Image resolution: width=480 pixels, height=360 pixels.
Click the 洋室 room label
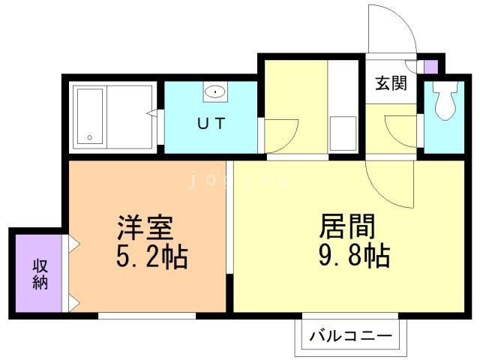[145, 226]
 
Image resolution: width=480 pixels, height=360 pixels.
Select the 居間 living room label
[347, 226]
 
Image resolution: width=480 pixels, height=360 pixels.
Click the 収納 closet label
[40, 274]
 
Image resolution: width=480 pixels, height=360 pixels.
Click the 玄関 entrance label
[391, 83]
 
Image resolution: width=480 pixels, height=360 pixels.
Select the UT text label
[211, 124]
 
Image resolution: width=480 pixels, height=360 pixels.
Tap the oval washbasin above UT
[215, 92]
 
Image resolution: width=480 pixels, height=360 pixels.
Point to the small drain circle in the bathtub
[90, 138]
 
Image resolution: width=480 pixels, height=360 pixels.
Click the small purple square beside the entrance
[430, 65]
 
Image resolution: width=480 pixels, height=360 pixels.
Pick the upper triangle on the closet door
[73, 244]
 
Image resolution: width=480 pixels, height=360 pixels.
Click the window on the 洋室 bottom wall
[145, 316]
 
